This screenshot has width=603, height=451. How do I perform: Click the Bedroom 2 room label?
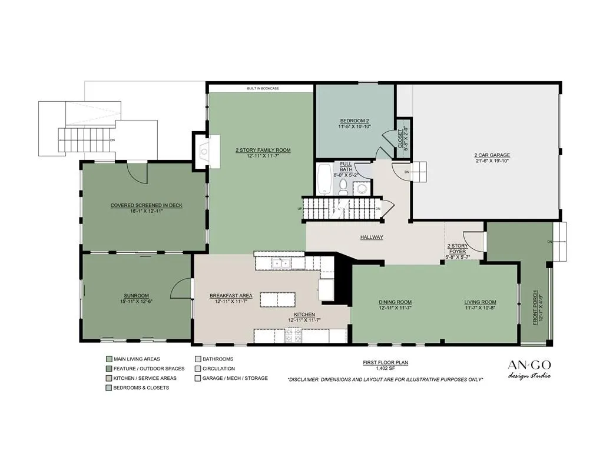(x=354, y=121)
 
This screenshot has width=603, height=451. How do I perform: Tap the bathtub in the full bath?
(x=325, y=179)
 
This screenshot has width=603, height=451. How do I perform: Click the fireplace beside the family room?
(x=206, y=151)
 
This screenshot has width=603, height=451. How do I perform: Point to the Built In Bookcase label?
(x=263, y=88)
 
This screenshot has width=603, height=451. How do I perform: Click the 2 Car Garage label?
(x=492, y=155)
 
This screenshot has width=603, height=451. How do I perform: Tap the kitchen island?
(x=278, y=299)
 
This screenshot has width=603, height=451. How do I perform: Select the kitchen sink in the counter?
(x=281, y=263)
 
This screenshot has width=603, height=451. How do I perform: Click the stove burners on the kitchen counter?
(x=293, y=335)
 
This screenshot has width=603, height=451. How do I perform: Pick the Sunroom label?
(x=136, y=296)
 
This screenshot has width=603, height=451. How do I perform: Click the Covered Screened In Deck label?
(x=147, y=205)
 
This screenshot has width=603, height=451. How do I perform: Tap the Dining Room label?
(x=395, y=302)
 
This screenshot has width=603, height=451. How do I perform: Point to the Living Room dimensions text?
(x=481, y=308)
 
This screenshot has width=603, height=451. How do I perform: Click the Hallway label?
(x=372, y=237)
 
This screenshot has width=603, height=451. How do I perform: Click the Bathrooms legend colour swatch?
(x=198, y=359)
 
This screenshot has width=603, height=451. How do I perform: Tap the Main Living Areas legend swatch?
(x=109, y=359)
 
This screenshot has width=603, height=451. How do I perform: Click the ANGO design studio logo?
(x=529, y=369)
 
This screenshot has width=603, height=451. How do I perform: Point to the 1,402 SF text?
(x=385, y=368)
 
